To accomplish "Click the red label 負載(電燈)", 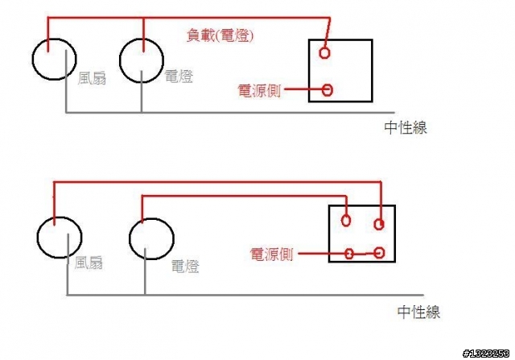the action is coord(220,35).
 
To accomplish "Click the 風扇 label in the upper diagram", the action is coord(92,79).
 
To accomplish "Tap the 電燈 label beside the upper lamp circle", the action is coord(179,77).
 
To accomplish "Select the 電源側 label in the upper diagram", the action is coord(259,91).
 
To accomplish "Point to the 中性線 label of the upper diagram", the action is coord(406,127).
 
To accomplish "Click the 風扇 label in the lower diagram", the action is coord(89,263).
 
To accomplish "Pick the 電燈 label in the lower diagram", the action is coord(185,267).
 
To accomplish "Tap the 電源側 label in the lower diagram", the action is coord(271,254).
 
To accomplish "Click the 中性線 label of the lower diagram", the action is coord(418,312).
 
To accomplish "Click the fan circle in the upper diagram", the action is coord(32,59).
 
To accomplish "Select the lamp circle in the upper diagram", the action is coord(120,61).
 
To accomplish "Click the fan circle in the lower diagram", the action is coord(38,238).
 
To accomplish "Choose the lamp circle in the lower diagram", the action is coord(130,239).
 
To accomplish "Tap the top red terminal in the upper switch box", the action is coord(324,53).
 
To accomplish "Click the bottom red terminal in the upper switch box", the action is coord(328,90).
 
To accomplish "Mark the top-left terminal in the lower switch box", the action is coord(345,221).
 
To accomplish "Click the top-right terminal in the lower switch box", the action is coord(379,224).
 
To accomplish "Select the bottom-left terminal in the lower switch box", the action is coord(349,254).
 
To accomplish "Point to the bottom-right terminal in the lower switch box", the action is coord(380,253).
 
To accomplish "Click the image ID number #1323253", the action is coord(486,354).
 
